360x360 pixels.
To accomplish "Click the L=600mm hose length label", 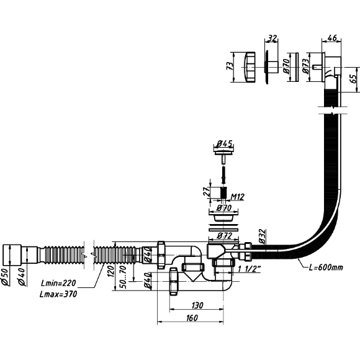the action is coord(326,268).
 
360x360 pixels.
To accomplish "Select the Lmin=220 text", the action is coord(58,283).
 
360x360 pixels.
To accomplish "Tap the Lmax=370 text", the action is coord(58,294).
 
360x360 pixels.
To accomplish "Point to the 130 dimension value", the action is coord(197,305).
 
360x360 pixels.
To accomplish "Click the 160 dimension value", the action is coord(192,318).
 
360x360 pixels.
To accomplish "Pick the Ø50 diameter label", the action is coord(6,277).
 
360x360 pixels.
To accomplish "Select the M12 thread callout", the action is coord(237,197).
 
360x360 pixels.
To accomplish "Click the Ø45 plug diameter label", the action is coord(224,144).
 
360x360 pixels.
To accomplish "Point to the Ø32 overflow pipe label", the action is coord(263,236).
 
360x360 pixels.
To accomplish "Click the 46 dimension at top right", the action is coord(332,38).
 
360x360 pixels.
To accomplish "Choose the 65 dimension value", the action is coord(354,78).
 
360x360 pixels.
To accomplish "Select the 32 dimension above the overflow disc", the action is coord(272,38).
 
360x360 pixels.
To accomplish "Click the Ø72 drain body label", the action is coord(224,236).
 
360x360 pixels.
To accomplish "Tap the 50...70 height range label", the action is coord(123,277).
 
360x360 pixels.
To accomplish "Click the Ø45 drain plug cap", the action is coord(223,151).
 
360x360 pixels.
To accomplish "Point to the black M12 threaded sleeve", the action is coord(223,192).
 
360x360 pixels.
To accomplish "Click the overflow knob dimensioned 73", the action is coord(248,67).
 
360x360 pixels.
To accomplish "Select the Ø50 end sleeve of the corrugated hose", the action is coord(12,255).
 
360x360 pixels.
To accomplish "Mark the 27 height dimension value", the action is coord(207,191).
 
